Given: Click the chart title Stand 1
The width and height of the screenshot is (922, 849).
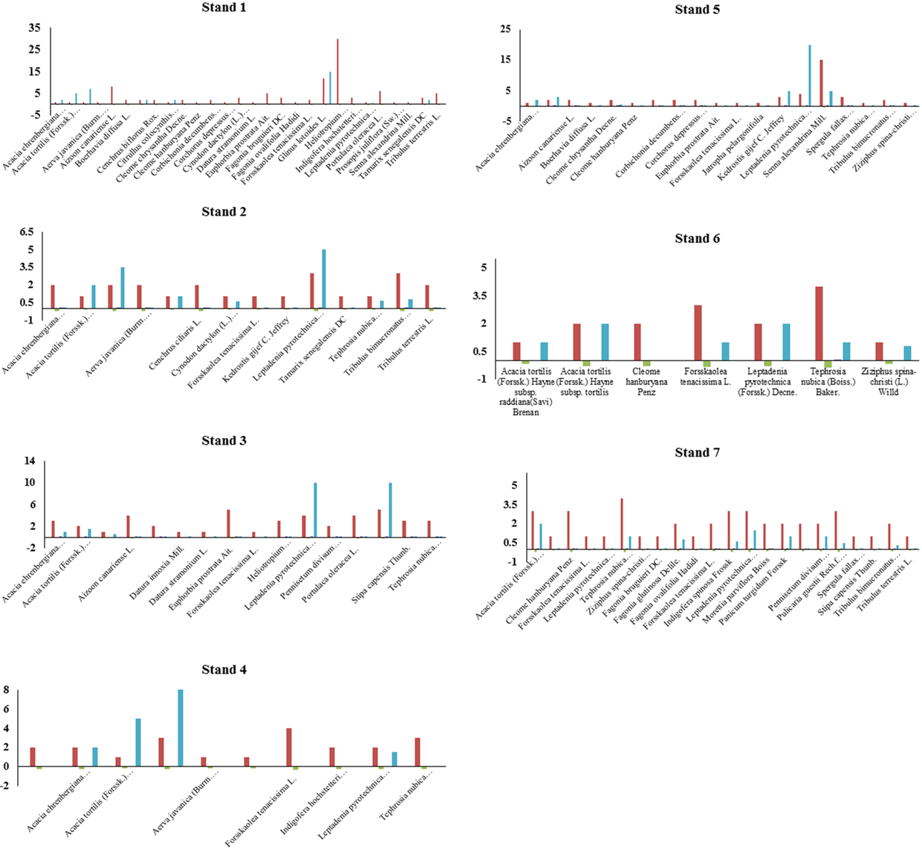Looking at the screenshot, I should click(224, 7).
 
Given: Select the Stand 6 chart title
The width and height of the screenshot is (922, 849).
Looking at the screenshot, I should click(697, 239).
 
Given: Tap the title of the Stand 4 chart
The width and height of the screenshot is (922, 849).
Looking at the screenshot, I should click(224, 670).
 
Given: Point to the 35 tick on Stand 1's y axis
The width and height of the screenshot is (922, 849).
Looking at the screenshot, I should click(35, 28).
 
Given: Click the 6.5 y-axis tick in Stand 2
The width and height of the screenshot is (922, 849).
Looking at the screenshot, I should click(27, 231).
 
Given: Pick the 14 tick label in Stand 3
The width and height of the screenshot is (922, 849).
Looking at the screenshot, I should click(30, 461).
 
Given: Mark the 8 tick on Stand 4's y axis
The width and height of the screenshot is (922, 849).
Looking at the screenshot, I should click(6, 690).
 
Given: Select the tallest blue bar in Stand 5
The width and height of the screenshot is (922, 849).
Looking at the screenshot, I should click(809, 75).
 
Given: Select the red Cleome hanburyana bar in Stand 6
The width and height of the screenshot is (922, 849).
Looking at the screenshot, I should click(637, 342).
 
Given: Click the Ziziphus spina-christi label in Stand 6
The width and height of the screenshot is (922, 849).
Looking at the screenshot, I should click(888, 381).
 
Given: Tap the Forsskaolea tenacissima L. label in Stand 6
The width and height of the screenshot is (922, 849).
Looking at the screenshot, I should click(707, 376).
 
